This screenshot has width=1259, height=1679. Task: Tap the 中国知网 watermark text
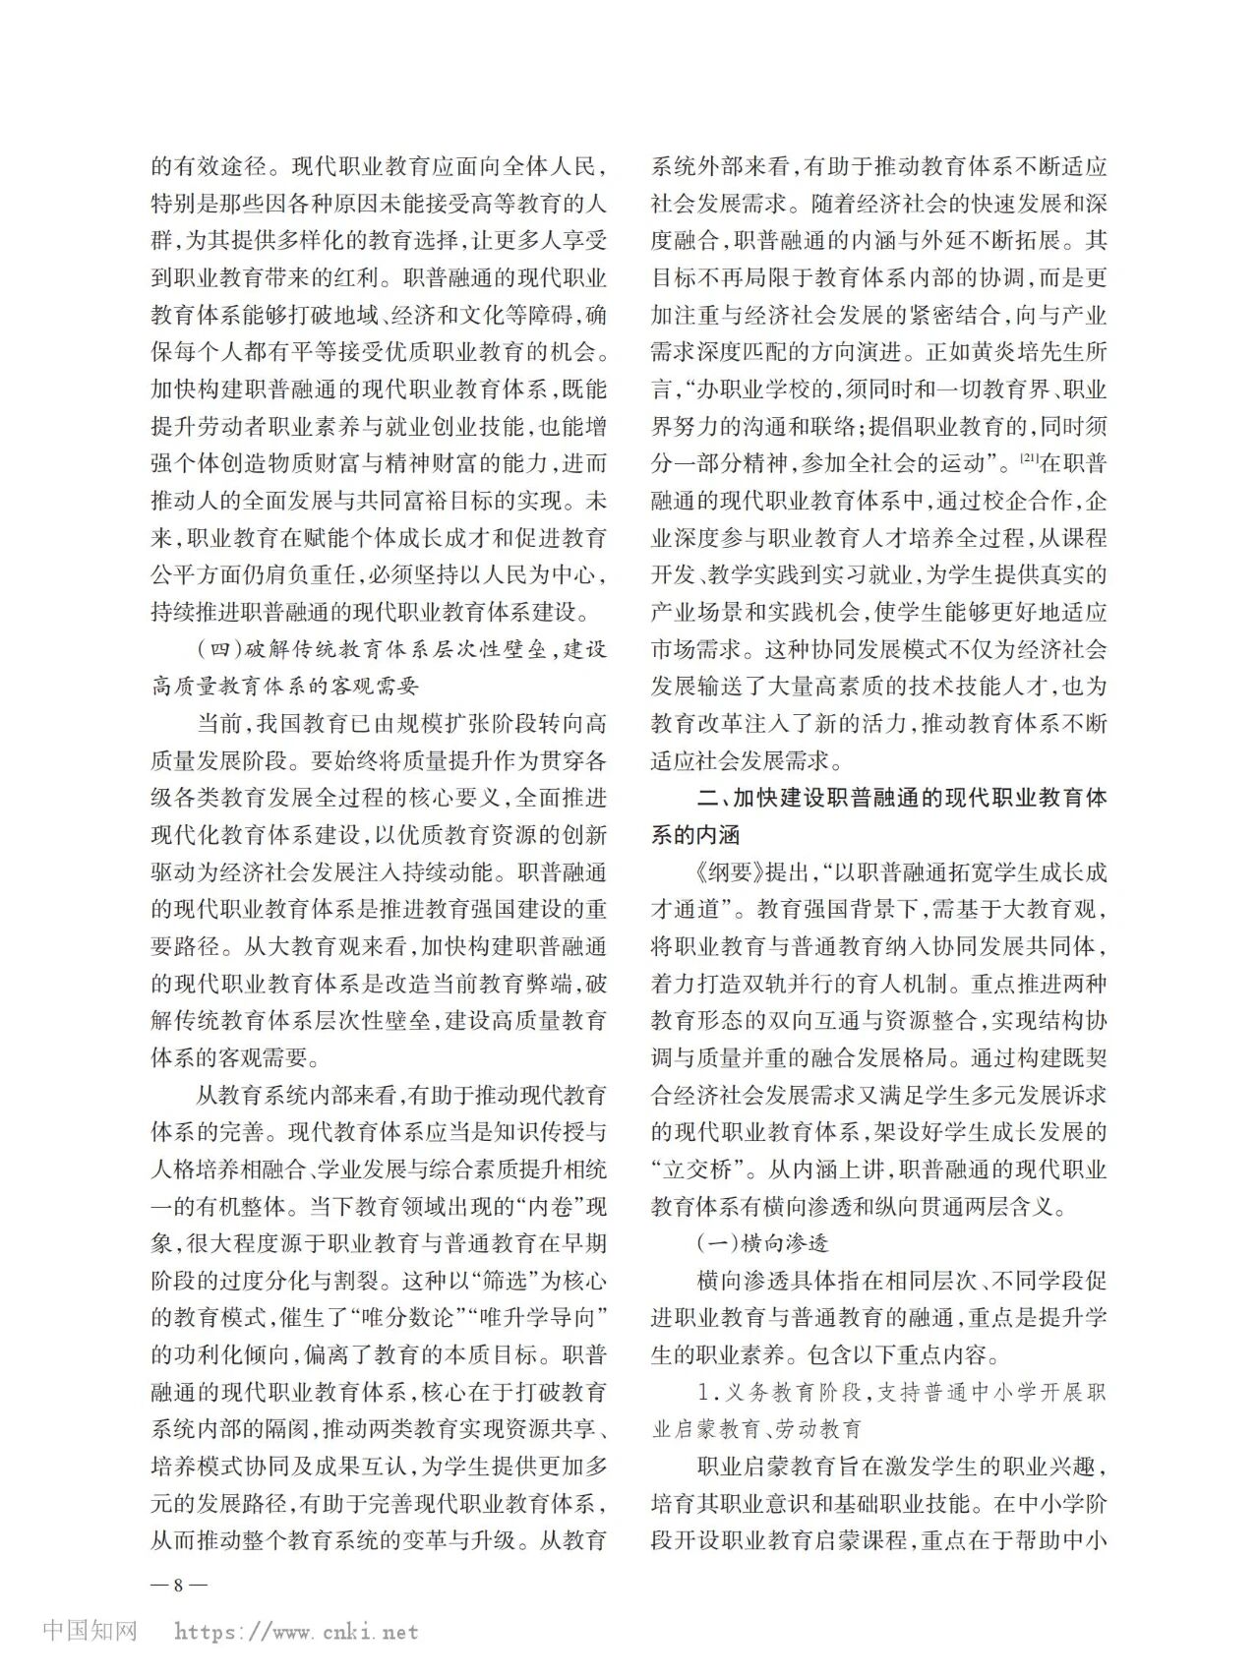point(90,1630)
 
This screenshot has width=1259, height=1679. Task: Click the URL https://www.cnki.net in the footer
point(296,1632)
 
